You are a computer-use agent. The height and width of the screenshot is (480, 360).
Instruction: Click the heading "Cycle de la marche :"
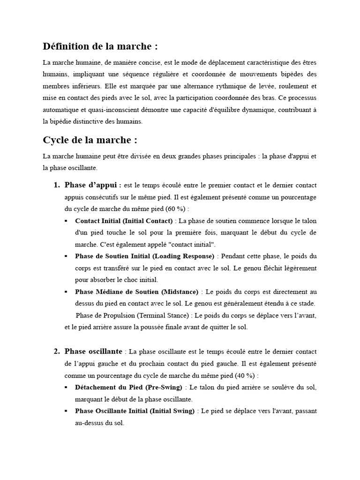pyautogui.click(x=90, y=140)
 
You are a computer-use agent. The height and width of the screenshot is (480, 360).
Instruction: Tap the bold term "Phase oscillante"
pyautogui.click(x=93, y=351)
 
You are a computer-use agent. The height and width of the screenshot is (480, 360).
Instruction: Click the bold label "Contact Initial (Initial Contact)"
pyautogui.click(x=124, y=221)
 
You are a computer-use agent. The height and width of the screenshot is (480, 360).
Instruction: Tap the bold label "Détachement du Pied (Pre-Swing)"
pyautogui.click(x=129, y=387)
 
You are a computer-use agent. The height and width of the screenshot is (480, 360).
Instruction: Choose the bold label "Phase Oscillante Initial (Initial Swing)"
pyautogui.click(x=135, y=411)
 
